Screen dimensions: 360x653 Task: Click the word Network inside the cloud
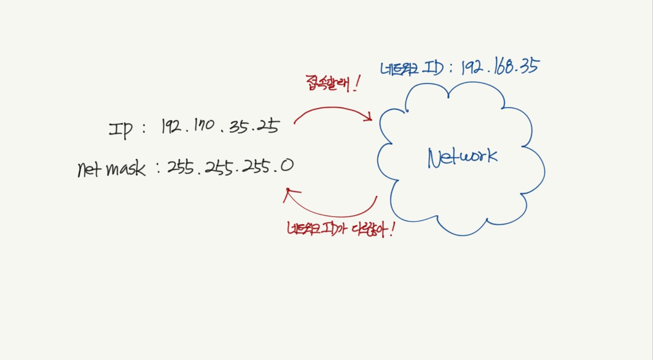[462, 157]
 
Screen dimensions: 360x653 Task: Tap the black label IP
[121, 129]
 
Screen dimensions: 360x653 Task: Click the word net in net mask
[88, 170]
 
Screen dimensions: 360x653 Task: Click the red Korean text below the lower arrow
[340, 229]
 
